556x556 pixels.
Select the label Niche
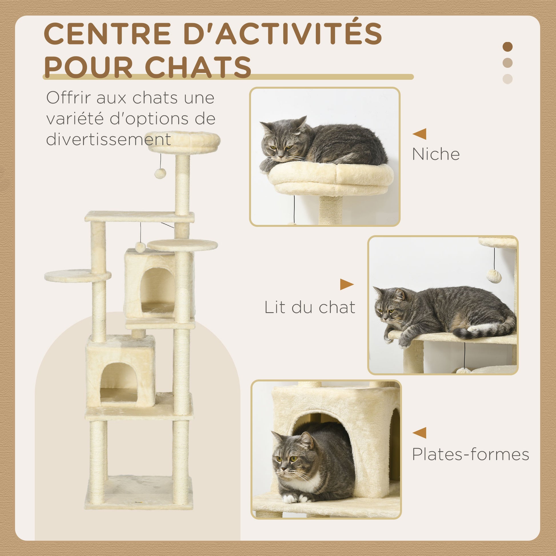(x=436, y=154)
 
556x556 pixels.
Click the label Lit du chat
(x=310, y=307)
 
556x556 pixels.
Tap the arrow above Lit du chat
(x=347, y=284)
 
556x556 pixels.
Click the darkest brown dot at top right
(x=508, y=47)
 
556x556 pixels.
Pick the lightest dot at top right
(x=508, y=79)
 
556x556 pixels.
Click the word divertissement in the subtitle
(x=109, y=139)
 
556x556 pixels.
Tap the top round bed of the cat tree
(x=184, y=142)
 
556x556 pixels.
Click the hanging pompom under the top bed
(x=160, y=173)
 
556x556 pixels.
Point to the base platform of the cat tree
(x=139, y=492)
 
